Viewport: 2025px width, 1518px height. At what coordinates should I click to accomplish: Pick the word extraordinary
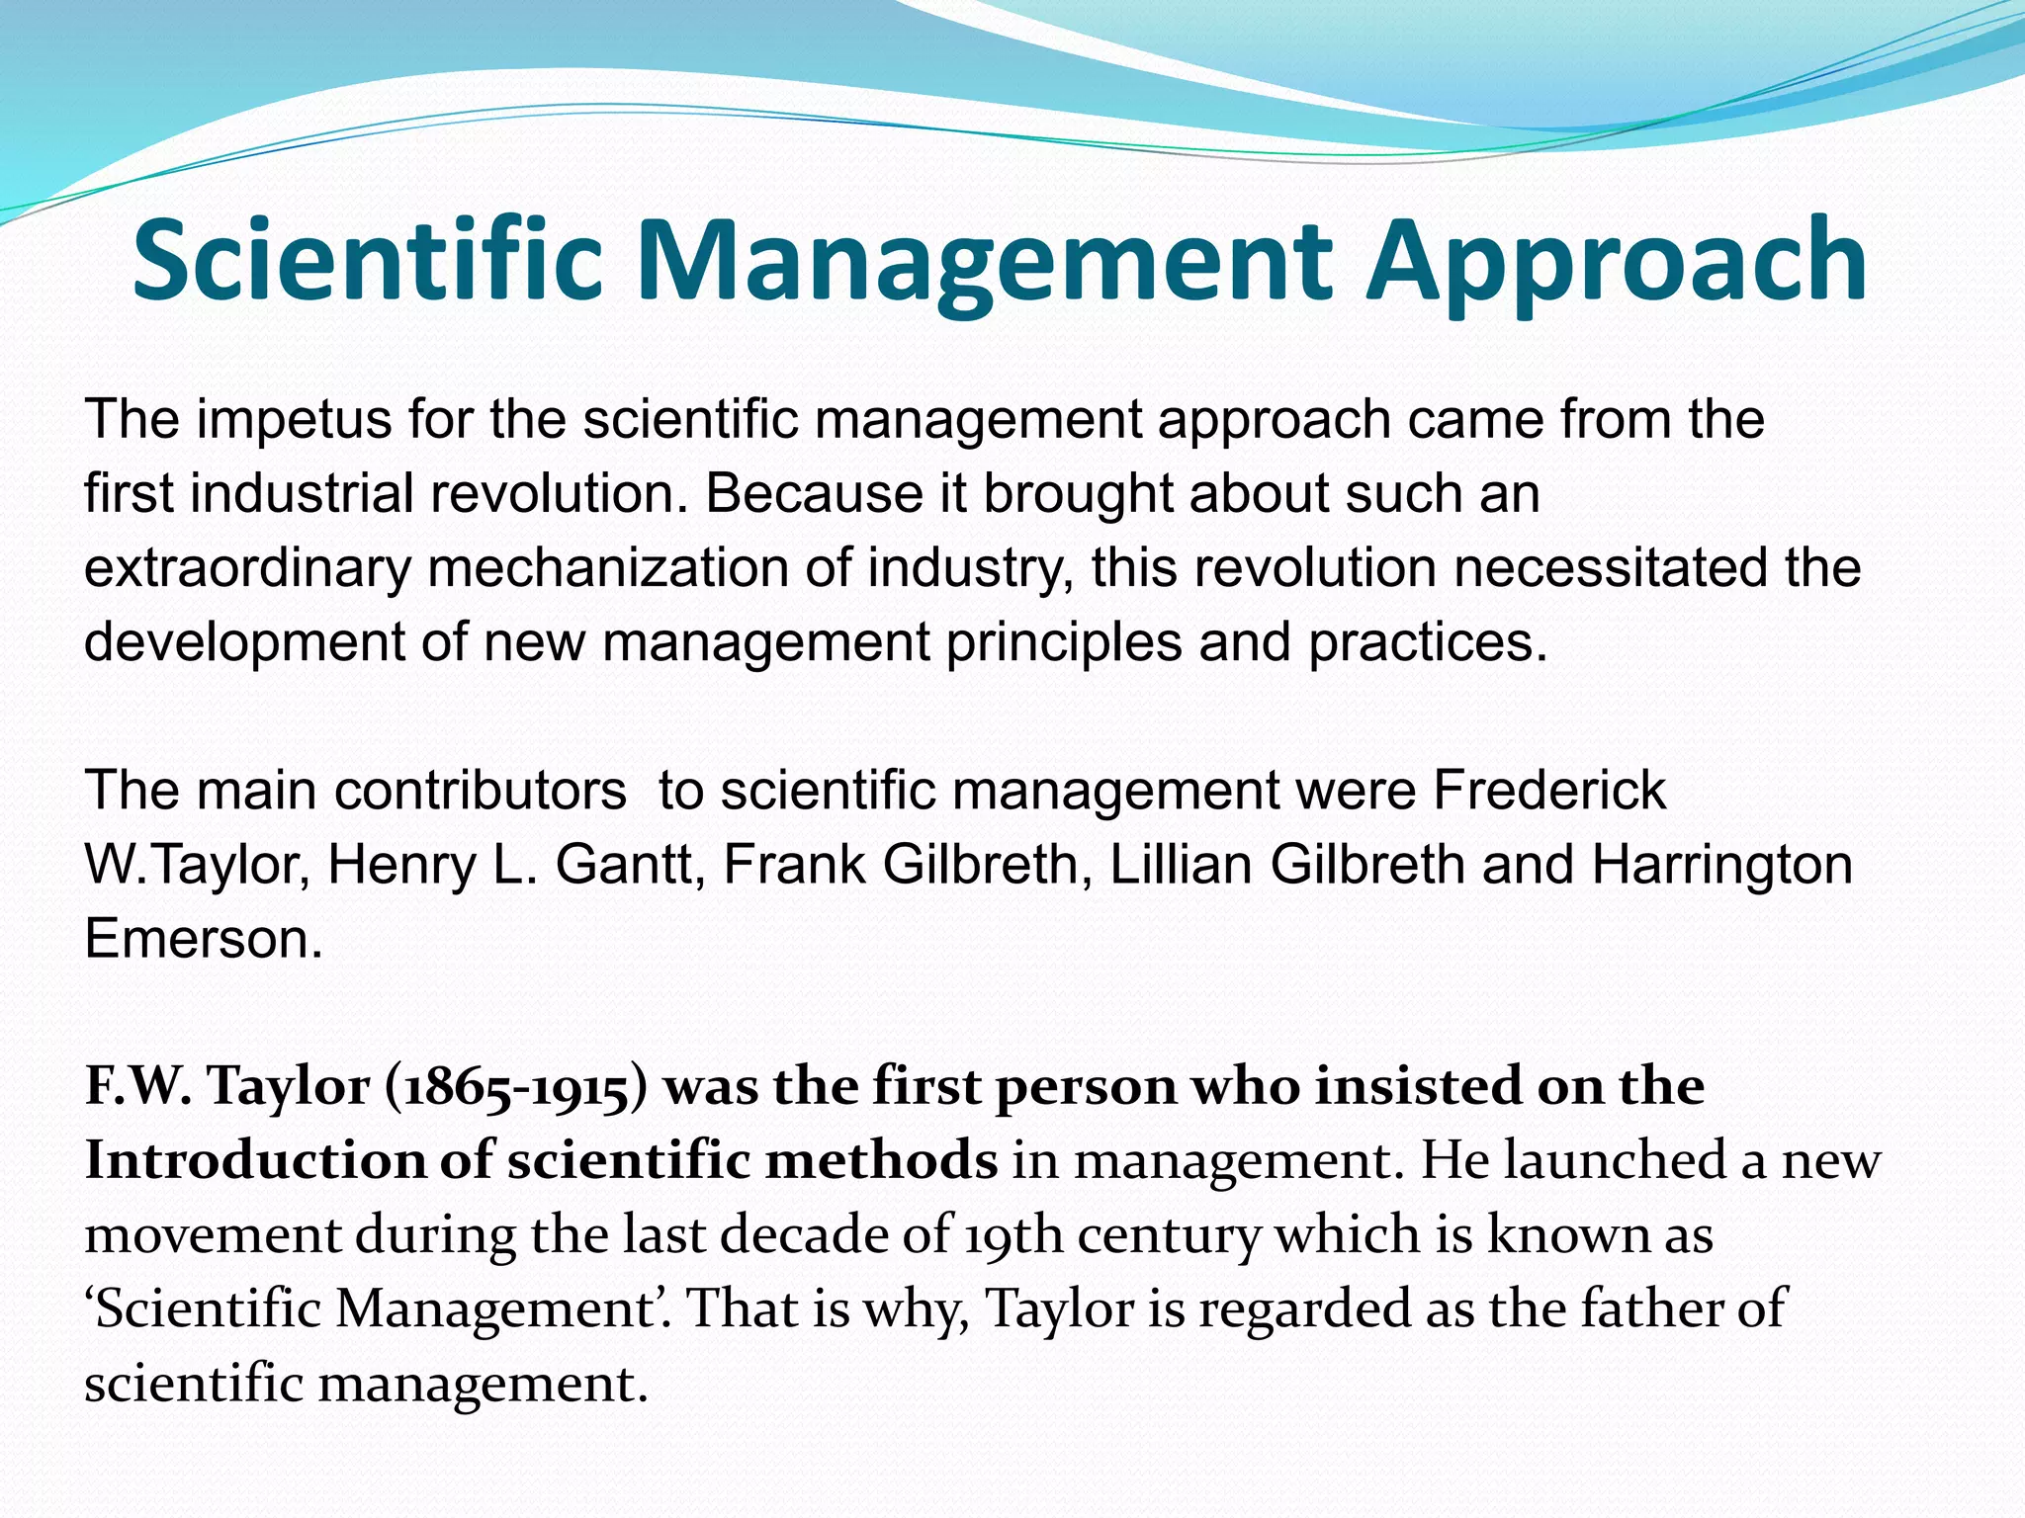247,568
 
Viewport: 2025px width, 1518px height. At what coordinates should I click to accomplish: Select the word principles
1064,643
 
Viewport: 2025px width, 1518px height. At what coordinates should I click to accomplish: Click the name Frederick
1549,791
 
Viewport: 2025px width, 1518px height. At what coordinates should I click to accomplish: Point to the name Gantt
630,865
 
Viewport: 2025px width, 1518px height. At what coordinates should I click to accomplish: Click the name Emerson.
204,939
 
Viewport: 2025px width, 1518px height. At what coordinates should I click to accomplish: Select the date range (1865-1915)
512,1087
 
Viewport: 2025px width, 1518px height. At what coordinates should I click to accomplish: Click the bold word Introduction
254,1161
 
